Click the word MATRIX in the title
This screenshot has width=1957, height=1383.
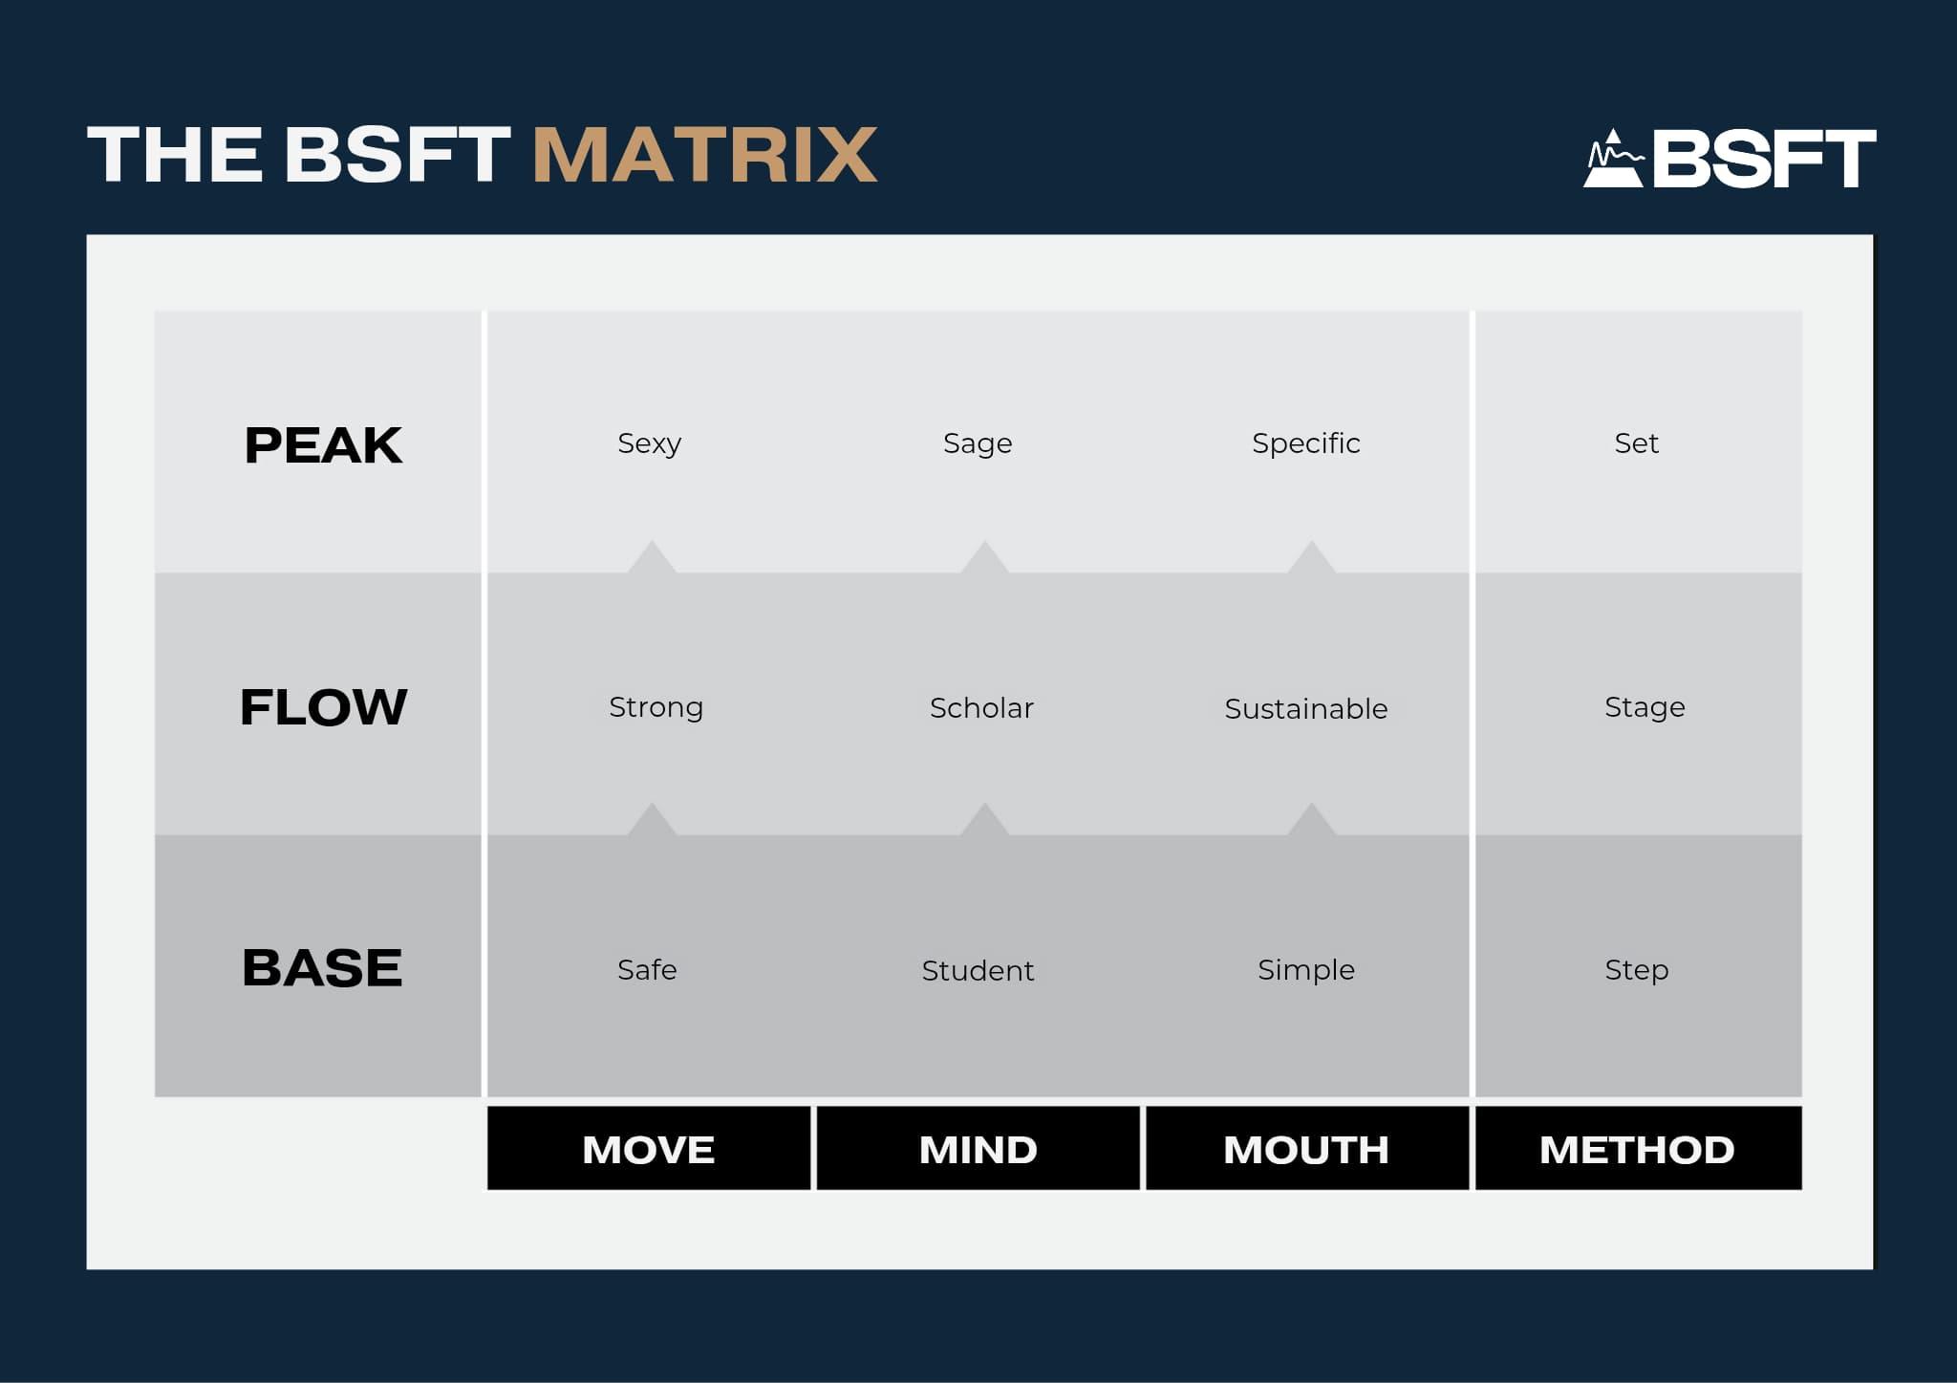tap(704, 155)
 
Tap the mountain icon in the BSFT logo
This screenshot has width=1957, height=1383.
tap(1614, 159)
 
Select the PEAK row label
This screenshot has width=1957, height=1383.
tap(323, 445)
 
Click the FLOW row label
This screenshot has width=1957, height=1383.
tap(323, 707)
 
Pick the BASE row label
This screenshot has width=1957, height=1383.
tap(322, 967)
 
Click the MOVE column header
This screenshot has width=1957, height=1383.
tap(649, 1149)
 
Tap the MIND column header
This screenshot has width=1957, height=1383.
tap(978, 1149)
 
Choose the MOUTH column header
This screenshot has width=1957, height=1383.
tap(1306, 1149)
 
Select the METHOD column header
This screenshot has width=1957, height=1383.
tap(1638, 1149)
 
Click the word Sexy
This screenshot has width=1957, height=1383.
tap(650, 444)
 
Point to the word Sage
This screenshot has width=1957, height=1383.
tap(978, 444)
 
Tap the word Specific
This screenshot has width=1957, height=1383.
tap(1306, 444)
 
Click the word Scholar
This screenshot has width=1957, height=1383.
tap(981, 708)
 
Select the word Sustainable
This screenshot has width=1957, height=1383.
tap(1306, 709)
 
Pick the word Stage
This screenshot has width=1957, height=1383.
tap(1645, 708)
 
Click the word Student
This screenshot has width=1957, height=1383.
tap(978, 971)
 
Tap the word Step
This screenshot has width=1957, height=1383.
tap(1637, 971)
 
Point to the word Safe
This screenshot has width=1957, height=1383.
tap(647, 970)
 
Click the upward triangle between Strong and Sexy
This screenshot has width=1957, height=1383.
tap(652, 558)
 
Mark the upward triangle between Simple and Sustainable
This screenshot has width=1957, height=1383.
tap(1311, 820)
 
